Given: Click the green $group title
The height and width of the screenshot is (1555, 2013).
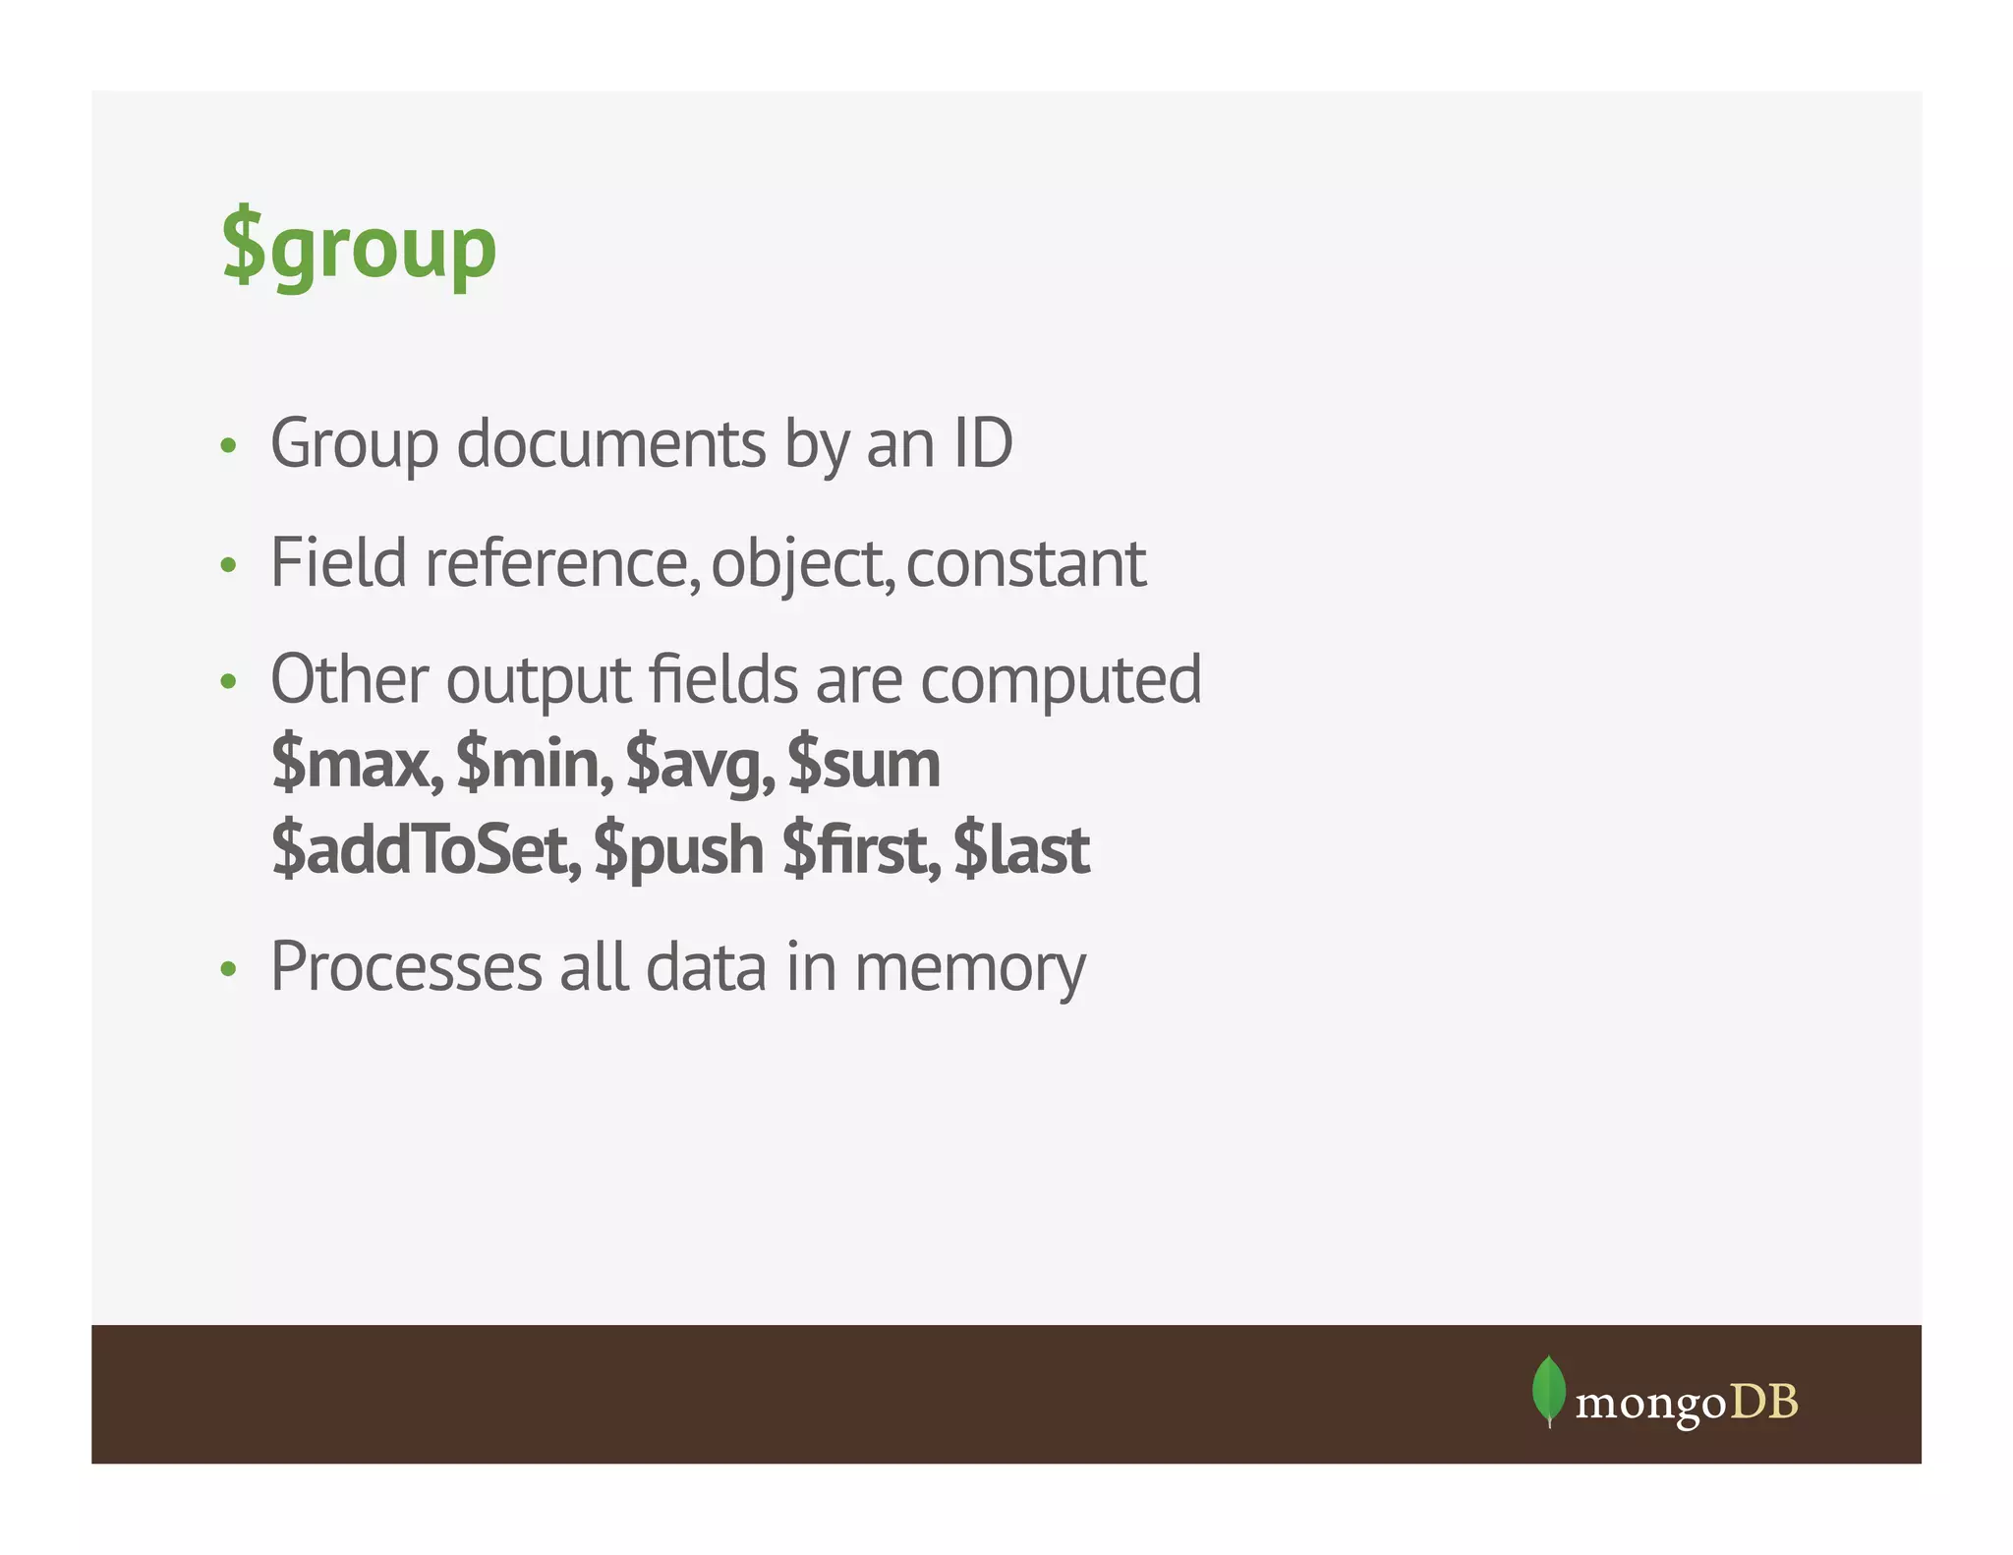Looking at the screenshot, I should (359, 248).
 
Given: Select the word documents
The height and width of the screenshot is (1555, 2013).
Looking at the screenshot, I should (610, 443).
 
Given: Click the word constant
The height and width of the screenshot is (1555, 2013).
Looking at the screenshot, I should (1025, 563).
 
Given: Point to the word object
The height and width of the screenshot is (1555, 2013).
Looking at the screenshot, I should (800, 565).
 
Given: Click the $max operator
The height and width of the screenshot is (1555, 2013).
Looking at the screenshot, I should (356, 764).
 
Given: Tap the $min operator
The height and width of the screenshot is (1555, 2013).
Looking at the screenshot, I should (534, 764).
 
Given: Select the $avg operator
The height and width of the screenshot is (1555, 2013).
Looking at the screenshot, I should (699, 766).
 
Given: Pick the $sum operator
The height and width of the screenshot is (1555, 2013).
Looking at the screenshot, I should (863, 764).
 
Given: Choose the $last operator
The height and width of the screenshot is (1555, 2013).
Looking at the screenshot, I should (1021, 849).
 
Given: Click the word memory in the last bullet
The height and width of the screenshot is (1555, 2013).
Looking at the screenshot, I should (969, 969).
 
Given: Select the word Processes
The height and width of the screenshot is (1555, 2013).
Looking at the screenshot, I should (406, 967).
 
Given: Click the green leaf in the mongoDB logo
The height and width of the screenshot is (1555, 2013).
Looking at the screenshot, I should (1548, 1389).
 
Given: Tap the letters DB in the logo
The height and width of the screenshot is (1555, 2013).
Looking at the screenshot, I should (1763, 1402).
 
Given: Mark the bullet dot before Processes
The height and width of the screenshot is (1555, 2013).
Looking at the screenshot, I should (229, 969).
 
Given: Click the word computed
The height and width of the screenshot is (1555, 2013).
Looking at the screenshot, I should (1061, 681).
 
